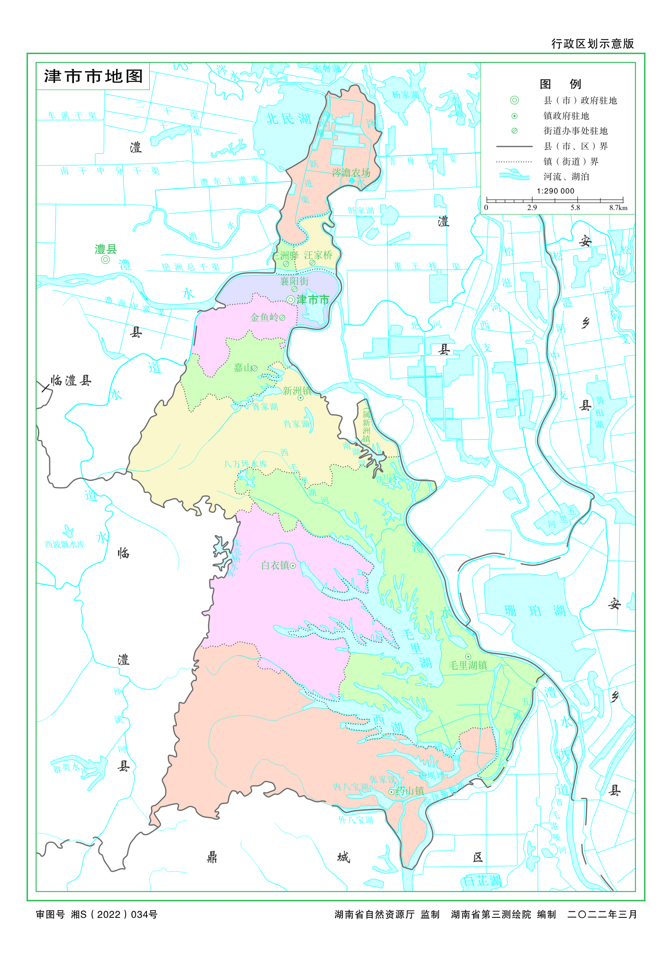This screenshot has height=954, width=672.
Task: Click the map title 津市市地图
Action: (x=93, y=77)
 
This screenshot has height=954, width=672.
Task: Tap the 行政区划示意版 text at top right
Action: (x=592, y=43)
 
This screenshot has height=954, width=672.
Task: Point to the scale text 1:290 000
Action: (x=555, y=191)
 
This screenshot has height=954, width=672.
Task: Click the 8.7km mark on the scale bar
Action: (x=618, y=208)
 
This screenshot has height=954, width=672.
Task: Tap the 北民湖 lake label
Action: (x=288, y=119)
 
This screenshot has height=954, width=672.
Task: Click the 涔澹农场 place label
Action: (x=351, y=172)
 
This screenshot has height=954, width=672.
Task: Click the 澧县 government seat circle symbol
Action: (x=105, y=260)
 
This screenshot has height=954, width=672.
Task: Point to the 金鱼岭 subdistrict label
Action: (x=264, y=317)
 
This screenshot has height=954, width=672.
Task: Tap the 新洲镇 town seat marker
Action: (x=300, y=398)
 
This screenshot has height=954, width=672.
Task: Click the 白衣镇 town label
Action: (x=275, y=565)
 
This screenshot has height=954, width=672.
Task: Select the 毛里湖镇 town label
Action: (x=468, y=665)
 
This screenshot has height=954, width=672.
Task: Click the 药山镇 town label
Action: (x=409, y=791)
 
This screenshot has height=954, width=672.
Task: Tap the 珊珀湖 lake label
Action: (x=534, y=610)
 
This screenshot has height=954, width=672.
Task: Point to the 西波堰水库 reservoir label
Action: (x=65, y=544)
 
